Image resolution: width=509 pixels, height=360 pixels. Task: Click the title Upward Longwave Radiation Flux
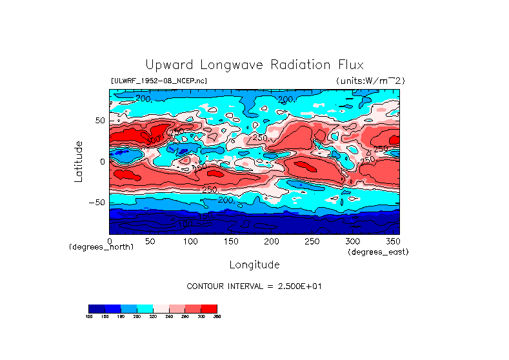point(254,65)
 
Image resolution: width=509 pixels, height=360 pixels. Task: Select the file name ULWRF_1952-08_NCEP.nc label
point(159,81)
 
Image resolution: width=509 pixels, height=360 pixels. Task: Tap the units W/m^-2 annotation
point(370,81)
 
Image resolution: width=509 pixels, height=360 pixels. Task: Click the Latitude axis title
point(79,161)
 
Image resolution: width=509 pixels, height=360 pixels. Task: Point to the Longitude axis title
point(254,265)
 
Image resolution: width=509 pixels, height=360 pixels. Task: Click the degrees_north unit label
point(101,247)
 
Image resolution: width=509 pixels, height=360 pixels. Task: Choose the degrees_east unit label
point(378,252)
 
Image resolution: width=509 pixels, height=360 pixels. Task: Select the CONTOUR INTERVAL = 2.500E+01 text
point(254,286)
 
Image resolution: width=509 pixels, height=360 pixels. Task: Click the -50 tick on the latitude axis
point(97,202)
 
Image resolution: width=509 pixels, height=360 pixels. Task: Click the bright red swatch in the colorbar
point(209,308)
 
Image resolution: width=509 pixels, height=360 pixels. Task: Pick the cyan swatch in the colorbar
point(145,308)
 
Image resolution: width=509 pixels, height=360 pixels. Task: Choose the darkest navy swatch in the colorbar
point(96,308)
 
